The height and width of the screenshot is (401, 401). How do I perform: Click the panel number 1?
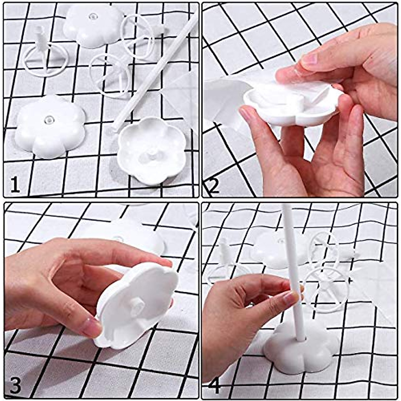click(14, 185)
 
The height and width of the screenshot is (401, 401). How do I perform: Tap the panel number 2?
click(213, 186)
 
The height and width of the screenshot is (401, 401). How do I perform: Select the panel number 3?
click(15, 385)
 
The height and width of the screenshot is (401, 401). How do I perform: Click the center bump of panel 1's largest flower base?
click(49, 119)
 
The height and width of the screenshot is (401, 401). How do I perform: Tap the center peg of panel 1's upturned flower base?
click(152, 153)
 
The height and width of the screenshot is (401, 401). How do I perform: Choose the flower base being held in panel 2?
click(291, 109)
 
